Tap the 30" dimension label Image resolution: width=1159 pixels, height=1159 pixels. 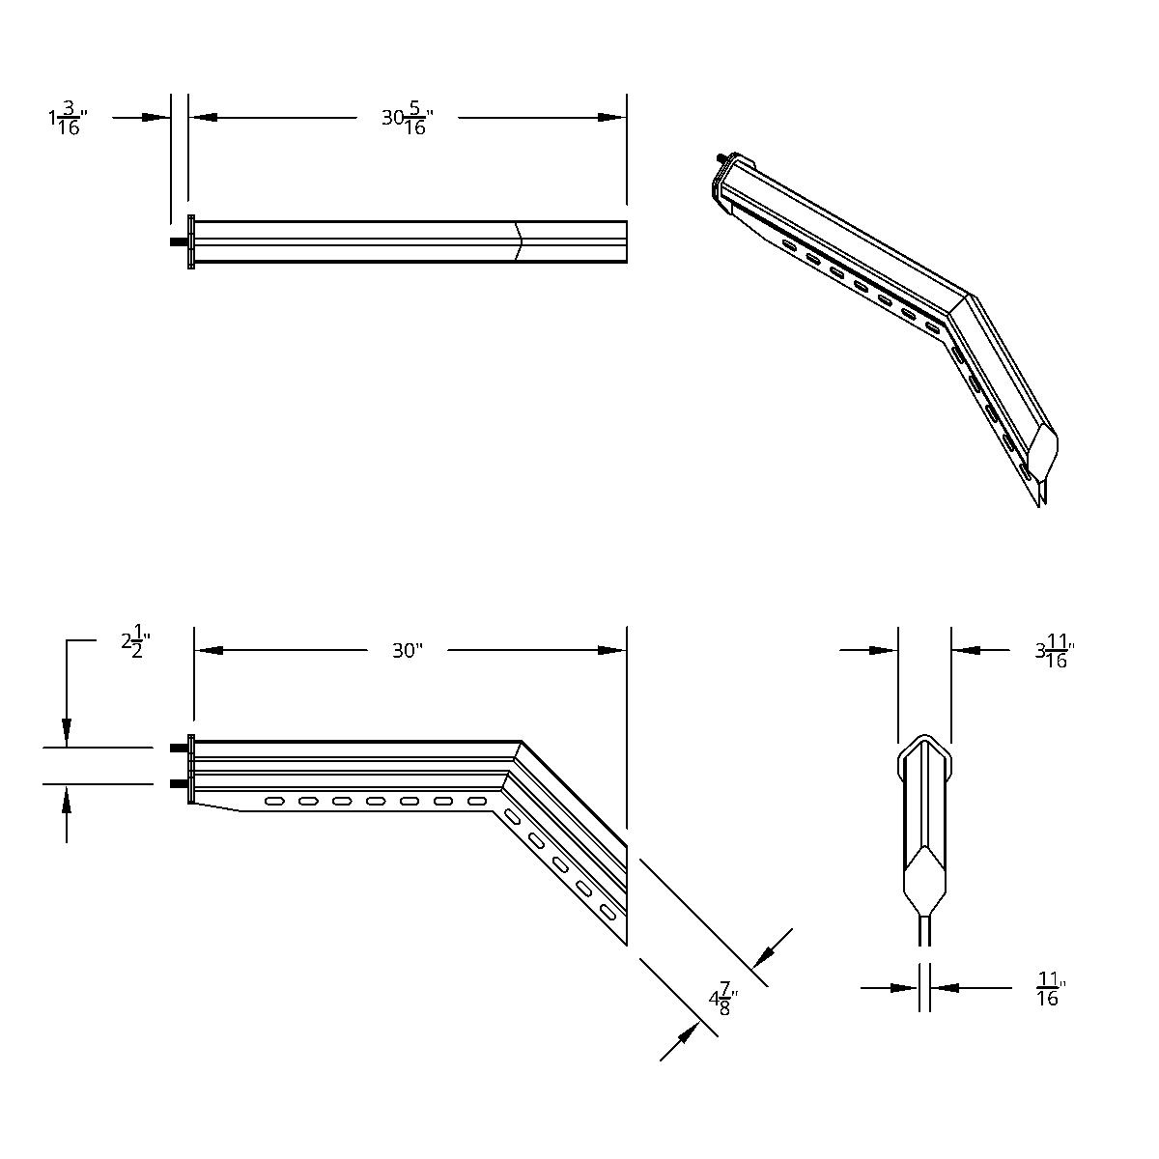407,651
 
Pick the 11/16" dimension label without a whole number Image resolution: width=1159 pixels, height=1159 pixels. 1049,989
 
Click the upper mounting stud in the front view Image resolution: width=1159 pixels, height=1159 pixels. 179,748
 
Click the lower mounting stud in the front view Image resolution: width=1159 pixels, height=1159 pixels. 179,783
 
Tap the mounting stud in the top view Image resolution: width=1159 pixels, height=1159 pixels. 179,241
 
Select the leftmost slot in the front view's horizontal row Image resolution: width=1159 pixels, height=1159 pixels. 274,801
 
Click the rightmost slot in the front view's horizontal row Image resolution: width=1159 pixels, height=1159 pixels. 476,801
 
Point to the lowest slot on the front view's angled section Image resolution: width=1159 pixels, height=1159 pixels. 608,912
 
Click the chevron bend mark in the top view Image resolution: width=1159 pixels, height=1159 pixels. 519,241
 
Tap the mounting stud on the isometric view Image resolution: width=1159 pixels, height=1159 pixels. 721,157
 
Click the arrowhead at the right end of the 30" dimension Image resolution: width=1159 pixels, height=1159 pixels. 612,651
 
